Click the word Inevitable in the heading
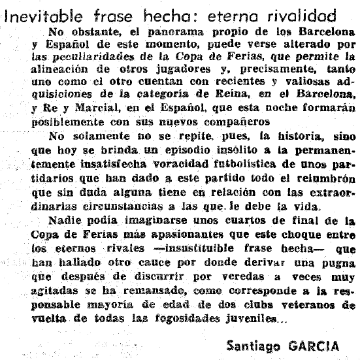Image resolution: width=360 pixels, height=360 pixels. click(37, 14)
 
